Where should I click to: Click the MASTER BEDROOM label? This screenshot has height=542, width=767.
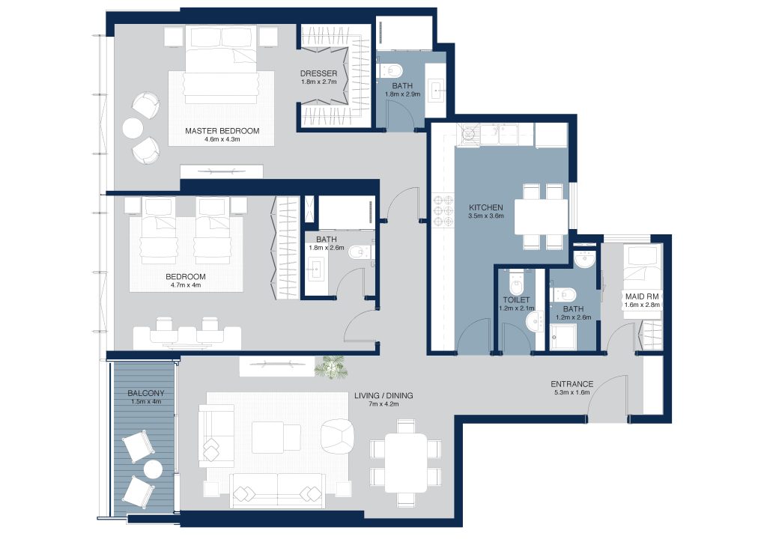(222, 131)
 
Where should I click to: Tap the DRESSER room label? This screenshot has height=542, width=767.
(318, 73)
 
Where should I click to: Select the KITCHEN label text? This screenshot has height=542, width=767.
(485, 207)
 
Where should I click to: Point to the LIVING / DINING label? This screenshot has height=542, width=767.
(383, 395)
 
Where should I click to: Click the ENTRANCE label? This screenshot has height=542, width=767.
(572, 384)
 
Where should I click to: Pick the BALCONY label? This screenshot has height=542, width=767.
(146, 393)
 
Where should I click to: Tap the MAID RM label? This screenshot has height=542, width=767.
(642, 296)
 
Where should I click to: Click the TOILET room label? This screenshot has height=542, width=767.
(516, 300)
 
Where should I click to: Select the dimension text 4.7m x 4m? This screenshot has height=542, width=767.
(186, 285)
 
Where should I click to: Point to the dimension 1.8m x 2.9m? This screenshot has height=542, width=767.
(402, 94)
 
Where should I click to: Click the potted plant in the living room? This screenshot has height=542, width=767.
(332, 367)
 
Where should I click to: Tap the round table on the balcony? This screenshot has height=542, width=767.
(153, 469)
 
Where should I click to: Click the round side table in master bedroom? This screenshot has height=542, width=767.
(133, 129)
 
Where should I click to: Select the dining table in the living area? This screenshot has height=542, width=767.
(405, 463)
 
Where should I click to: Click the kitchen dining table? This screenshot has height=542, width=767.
(541, 217)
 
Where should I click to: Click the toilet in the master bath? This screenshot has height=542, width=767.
(390, 70)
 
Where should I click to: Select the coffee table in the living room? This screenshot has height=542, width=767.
(276, 438)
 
